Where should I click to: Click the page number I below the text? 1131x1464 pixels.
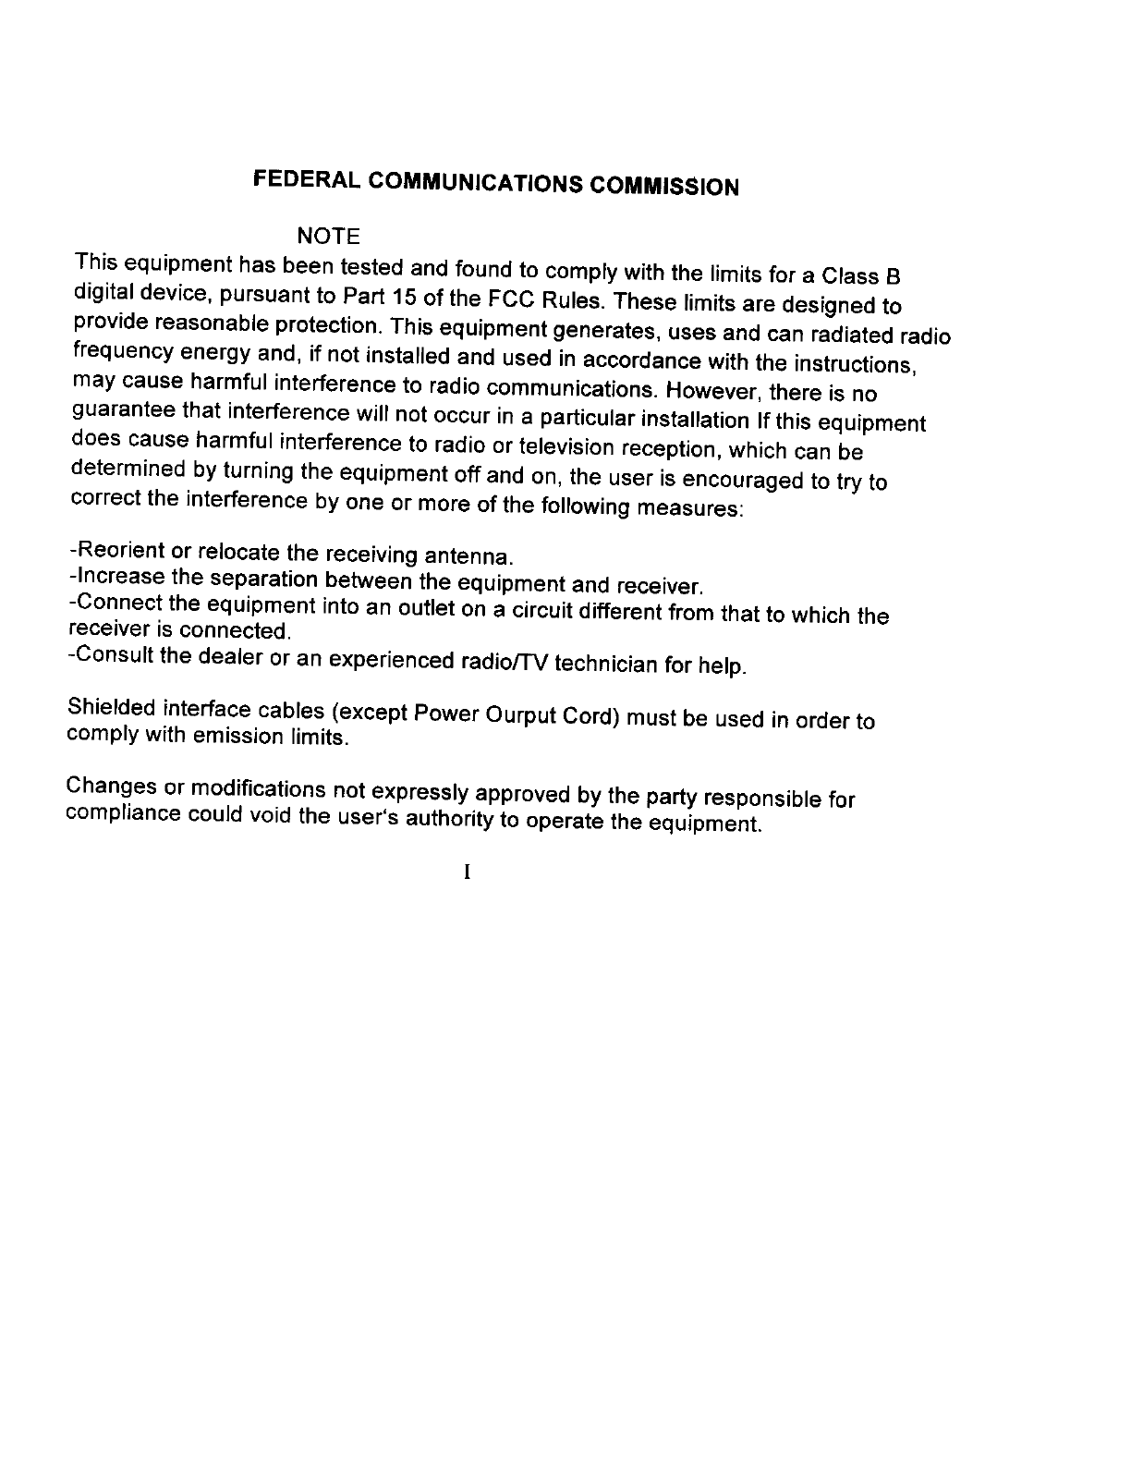pos(468,872)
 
